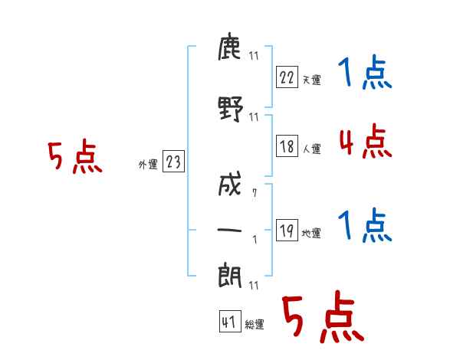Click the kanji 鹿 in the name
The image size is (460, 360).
229,46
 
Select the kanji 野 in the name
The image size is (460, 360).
231,109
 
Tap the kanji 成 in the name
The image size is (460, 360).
229,184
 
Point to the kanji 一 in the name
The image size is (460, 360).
229,230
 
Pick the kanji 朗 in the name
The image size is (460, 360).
229,275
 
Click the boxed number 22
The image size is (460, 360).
287,77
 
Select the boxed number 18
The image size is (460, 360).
287,146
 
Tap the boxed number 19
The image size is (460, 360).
287,230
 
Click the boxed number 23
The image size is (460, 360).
173,161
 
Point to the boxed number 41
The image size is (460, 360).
230,322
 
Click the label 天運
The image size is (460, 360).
311,80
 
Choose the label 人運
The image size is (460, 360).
311,149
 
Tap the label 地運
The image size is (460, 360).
311,233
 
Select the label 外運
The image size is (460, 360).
148,164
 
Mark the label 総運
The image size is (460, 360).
255,325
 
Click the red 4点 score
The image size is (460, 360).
366,141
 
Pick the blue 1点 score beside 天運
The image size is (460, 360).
365,72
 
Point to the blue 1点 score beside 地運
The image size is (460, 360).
365,225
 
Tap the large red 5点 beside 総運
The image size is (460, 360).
323,316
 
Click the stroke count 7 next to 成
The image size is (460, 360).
255,193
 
